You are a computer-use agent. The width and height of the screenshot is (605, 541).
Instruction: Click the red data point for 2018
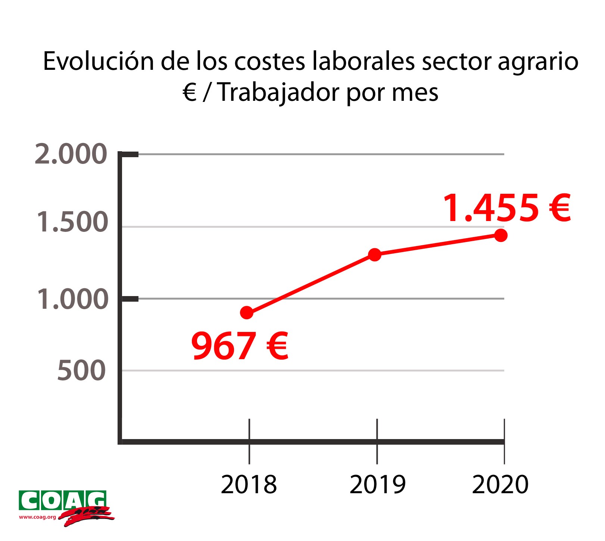(x=247, y=313)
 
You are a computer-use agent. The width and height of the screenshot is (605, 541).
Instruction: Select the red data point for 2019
(x=374, y=255)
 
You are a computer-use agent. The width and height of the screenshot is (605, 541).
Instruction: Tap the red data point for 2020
(x=500, y=235)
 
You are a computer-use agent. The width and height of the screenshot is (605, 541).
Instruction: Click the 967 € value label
(x=240, y=346)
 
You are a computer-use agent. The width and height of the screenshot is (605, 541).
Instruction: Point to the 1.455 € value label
(x=506, y=208)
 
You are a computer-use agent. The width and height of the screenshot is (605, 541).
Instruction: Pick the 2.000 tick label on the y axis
(x=71, y=154)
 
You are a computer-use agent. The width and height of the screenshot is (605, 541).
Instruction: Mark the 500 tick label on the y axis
(x=81, y=371)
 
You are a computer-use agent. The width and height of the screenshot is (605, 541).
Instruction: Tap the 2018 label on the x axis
(x=249, y=485)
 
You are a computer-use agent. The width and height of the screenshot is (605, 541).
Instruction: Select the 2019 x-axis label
(x=377, y=485)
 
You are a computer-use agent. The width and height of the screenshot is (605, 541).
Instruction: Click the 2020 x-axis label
(x=500, y=485)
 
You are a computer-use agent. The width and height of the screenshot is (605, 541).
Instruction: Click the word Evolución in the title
(x=98, y=61)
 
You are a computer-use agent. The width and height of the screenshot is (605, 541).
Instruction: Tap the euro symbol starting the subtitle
(x=190, y=92)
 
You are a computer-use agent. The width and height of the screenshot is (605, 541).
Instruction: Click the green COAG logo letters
(x=63, y=501)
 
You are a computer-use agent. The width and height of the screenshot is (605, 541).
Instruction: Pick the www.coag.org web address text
(x=37, y=517)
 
